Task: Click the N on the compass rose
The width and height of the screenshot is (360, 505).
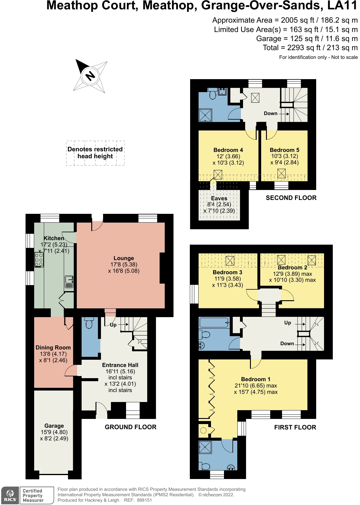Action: tap(90, 76)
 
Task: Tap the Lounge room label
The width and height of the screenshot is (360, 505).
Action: tap(124, 258)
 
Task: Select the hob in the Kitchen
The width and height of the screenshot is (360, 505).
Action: tap(39, 260)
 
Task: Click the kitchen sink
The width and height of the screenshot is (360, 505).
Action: tap(69, 282)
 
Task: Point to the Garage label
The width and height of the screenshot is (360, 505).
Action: tap(54, 426)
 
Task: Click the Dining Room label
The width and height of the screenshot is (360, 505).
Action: tap(53, 347)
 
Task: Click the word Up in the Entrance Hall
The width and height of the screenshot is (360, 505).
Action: tap(113, 325)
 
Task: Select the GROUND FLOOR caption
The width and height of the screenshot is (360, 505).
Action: tap(131, 427)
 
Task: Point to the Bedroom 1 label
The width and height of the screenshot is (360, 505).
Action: tap(255, 379)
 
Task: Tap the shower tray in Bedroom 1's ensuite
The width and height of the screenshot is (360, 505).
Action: tap(205, 447)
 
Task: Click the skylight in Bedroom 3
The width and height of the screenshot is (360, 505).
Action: tap(230, 261)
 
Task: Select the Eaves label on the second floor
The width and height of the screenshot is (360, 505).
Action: tap(219, 198)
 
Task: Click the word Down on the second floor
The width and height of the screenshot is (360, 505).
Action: tap(271, 113)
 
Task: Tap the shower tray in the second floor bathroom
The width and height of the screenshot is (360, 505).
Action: tap(205, 115)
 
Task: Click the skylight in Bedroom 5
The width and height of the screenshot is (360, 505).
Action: tap(281, 173)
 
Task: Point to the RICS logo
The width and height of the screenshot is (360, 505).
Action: tap(10, 496)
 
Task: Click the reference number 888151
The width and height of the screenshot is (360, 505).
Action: tap(144, 500)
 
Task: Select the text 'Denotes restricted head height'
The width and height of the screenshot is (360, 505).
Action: tap(95, 153)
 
